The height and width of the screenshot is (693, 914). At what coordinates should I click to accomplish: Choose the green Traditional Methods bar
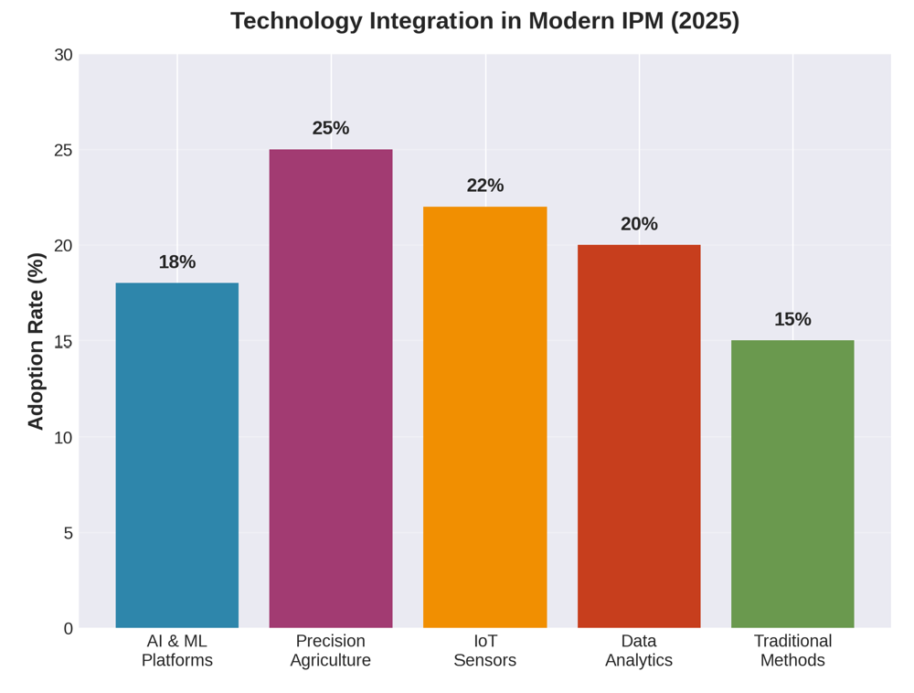click(792, 484)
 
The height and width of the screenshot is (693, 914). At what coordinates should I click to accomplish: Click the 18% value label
click(176, 262)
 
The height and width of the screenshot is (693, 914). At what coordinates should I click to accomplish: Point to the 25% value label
click(331, 128)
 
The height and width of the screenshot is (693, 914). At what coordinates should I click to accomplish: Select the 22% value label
click(484, 186)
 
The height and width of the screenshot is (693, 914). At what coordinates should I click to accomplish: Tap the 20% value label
click(639, 224)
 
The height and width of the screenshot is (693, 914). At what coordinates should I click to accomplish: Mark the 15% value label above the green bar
click(792, 319)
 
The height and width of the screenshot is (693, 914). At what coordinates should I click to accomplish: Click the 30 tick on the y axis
click(63, 55)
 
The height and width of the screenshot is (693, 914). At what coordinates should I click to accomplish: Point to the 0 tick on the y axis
click(68, 628)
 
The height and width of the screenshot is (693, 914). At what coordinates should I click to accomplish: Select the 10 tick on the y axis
click(63, 437)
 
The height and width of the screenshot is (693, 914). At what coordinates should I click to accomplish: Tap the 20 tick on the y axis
click(63, 246)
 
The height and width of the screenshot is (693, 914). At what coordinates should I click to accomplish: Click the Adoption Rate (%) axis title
click(36, 341)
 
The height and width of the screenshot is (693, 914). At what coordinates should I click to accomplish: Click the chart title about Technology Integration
click(484, 21)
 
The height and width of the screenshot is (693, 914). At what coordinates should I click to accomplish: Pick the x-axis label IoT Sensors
click(484, 650)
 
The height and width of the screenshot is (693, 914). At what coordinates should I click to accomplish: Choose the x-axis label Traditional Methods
click(792, 650)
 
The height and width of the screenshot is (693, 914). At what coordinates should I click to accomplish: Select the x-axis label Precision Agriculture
click(331, 650)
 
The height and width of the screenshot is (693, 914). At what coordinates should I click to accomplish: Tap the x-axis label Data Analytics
click(639, 650)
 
